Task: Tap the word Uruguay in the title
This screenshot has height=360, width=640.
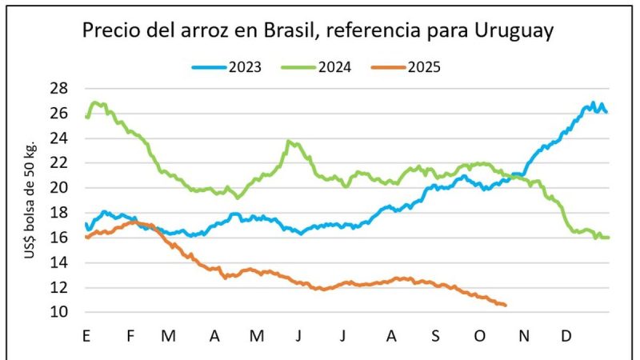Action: click(510, 32)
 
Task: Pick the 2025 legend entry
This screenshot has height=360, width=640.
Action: click(422, 67)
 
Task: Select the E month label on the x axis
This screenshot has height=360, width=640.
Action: click(86, 336)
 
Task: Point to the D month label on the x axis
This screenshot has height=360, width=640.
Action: click(566, 336)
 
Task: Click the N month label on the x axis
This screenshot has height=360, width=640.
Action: click(523, 336)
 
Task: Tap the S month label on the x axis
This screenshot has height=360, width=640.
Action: click(435, 336)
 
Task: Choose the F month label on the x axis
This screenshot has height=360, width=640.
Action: click(130, 336)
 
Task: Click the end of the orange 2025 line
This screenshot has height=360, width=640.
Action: click(506, 305)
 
